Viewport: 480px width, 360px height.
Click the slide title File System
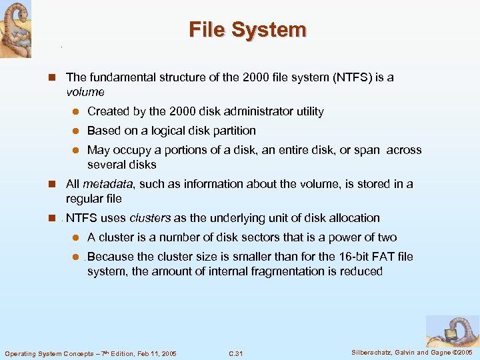click(247, 30)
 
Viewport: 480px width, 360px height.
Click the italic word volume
click(85, 92)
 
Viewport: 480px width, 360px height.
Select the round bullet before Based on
click(77, 131)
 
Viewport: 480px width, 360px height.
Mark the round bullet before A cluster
click(77, 238)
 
